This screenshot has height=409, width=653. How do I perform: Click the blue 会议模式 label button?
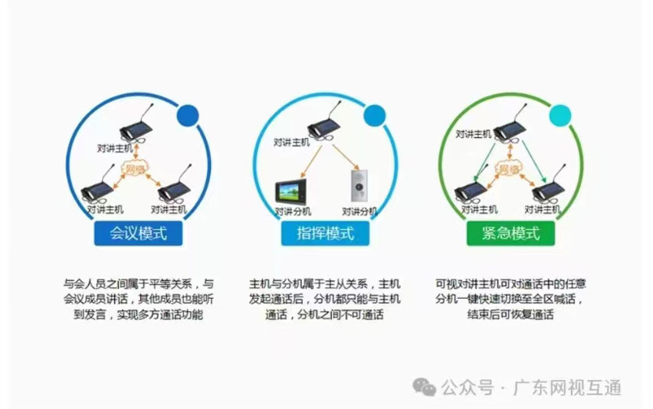(138, 233)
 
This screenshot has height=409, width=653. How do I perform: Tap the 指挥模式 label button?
(325, 233)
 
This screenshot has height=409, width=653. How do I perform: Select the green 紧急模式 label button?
(510, 233)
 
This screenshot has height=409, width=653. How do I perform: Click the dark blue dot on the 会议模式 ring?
(188, 116)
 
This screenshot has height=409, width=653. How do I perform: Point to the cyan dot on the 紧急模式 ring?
(560, 115)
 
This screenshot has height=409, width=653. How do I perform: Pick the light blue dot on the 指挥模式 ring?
(374, 115)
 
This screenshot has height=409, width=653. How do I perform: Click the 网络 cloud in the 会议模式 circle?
(135, 169)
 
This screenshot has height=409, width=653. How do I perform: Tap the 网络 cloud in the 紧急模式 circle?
(508, 169)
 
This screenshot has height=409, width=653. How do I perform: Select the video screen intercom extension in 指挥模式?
(290, 191)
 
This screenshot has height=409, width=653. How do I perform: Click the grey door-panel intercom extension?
(359, 185)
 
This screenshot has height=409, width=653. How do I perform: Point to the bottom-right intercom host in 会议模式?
(175, 186)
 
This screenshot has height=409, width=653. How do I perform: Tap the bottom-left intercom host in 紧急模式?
(471, 191)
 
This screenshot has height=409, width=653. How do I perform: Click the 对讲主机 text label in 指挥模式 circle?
(291, 142)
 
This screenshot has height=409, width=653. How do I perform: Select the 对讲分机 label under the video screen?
(293, 212)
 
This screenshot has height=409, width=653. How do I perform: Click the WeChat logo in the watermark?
(424, 388)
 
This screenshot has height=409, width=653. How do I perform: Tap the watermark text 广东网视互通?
(567, 388)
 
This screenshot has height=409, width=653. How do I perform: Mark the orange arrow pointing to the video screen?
(311, 162)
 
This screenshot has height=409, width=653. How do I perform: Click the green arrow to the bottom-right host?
(534, 162)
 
